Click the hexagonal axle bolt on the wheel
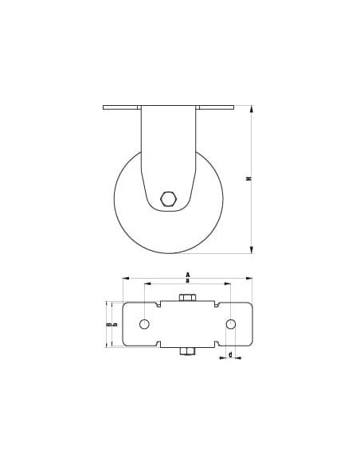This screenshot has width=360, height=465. (x=169, y=198)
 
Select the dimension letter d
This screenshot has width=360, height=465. (x=230, y=354)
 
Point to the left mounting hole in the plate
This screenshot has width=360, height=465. (x=144, y=324)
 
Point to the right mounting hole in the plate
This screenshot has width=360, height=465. (x=231, y=324)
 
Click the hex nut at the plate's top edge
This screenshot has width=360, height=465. (x=187, y=298)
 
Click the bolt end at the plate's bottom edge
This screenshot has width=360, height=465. (x=187, y=351)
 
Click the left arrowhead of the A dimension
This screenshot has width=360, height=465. (x=125, y=279)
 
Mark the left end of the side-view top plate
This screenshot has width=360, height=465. (x=104, y=107)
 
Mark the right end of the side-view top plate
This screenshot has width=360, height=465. (x=235, y=107)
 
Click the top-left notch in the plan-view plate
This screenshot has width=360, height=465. (x=159, y=303)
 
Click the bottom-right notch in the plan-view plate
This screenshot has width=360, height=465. (x=216, y=344)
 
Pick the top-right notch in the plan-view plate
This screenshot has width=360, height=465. (x=216, y=303)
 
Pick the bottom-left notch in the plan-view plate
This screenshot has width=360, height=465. (x=159, y=344)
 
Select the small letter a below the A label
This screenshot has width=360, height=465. (x=187, y=282)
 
